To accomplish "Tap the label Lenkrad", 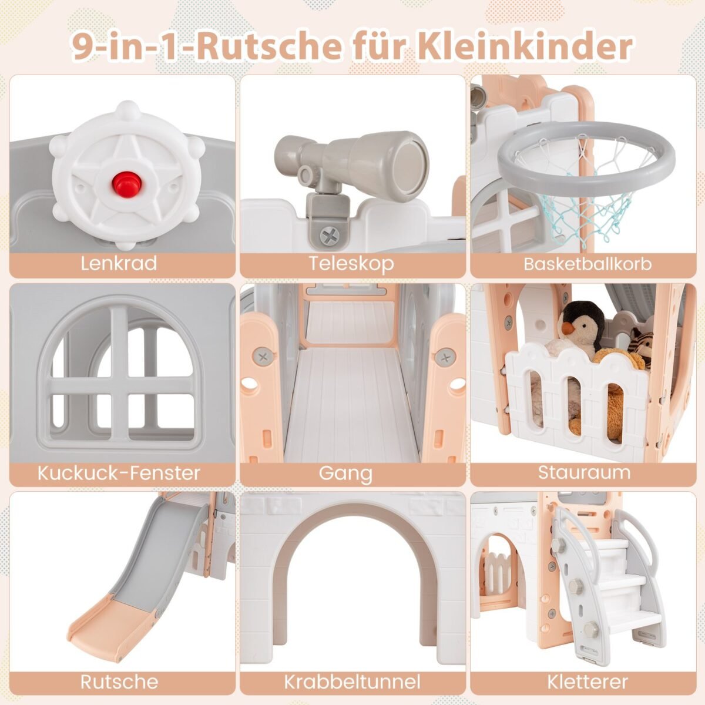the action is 119,263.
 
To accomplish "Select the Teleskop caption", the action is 351,264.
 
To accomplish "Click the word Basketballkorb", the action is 587,264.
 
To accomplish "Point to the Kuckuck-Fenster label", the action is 119,473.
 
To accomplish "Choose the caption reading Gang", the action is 345,474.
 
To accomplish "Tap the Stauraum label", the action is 584,473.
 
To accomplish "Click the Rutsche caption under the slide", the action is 119,682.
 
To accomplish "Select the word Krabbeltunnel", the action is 352,682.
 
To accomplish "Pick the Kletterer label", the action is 587,682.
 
